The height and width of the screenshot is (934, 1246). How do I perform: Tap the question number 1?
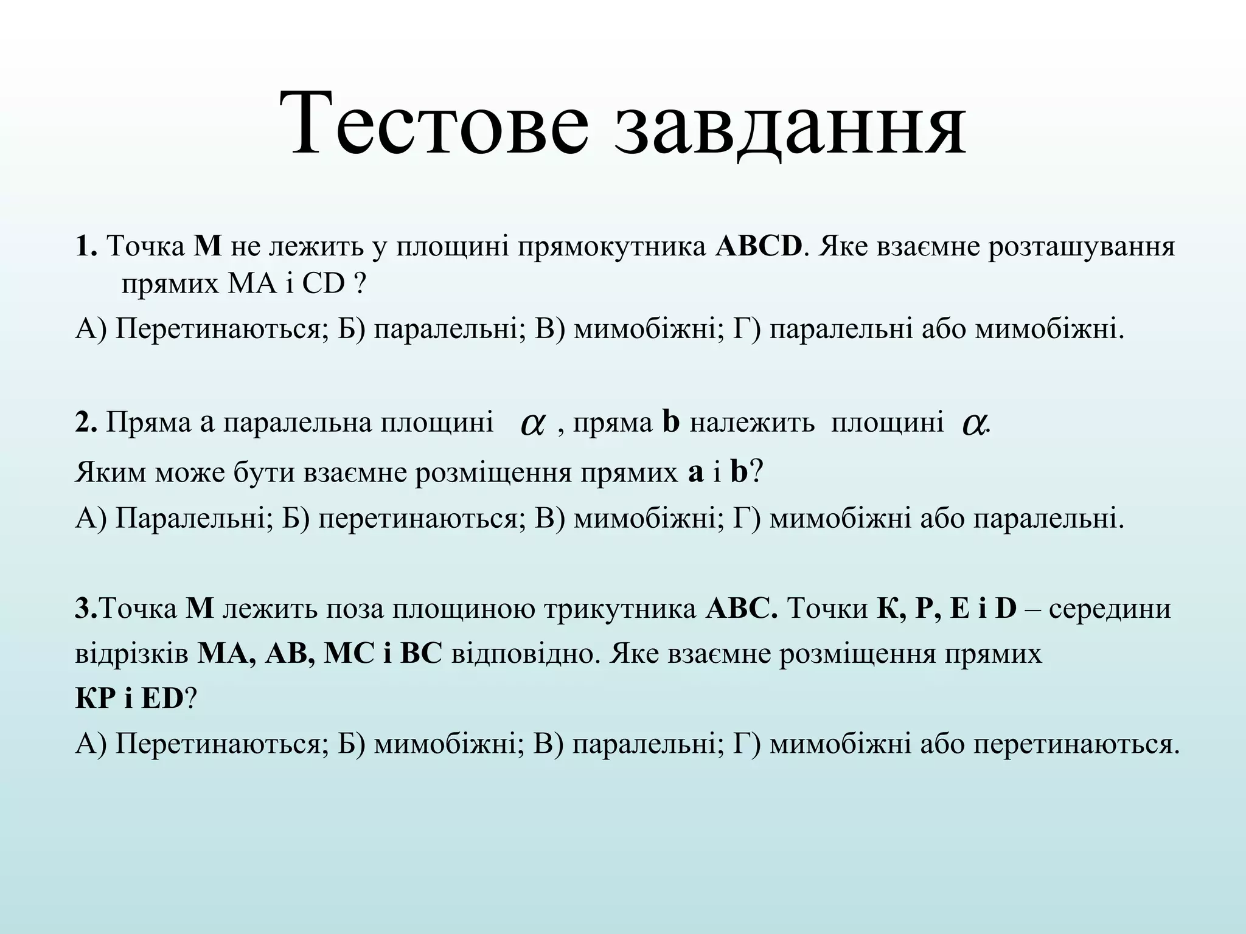(86, 247)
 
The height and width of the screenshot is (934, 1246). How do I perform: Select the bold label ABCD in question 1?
(759, 247)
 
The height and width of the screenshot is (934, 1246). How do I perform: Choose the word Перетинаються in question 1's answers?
(217, 329)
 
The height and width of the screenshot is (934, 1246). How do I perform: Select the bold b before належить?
(670, 422)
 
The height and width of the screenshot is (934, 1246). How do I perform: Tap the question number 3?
(86, 609)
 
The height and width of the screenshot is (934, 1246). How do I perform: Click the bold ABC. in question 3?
(741, 609)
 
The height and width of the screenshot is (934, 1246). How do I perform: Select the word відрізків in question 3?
(132, 654)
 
